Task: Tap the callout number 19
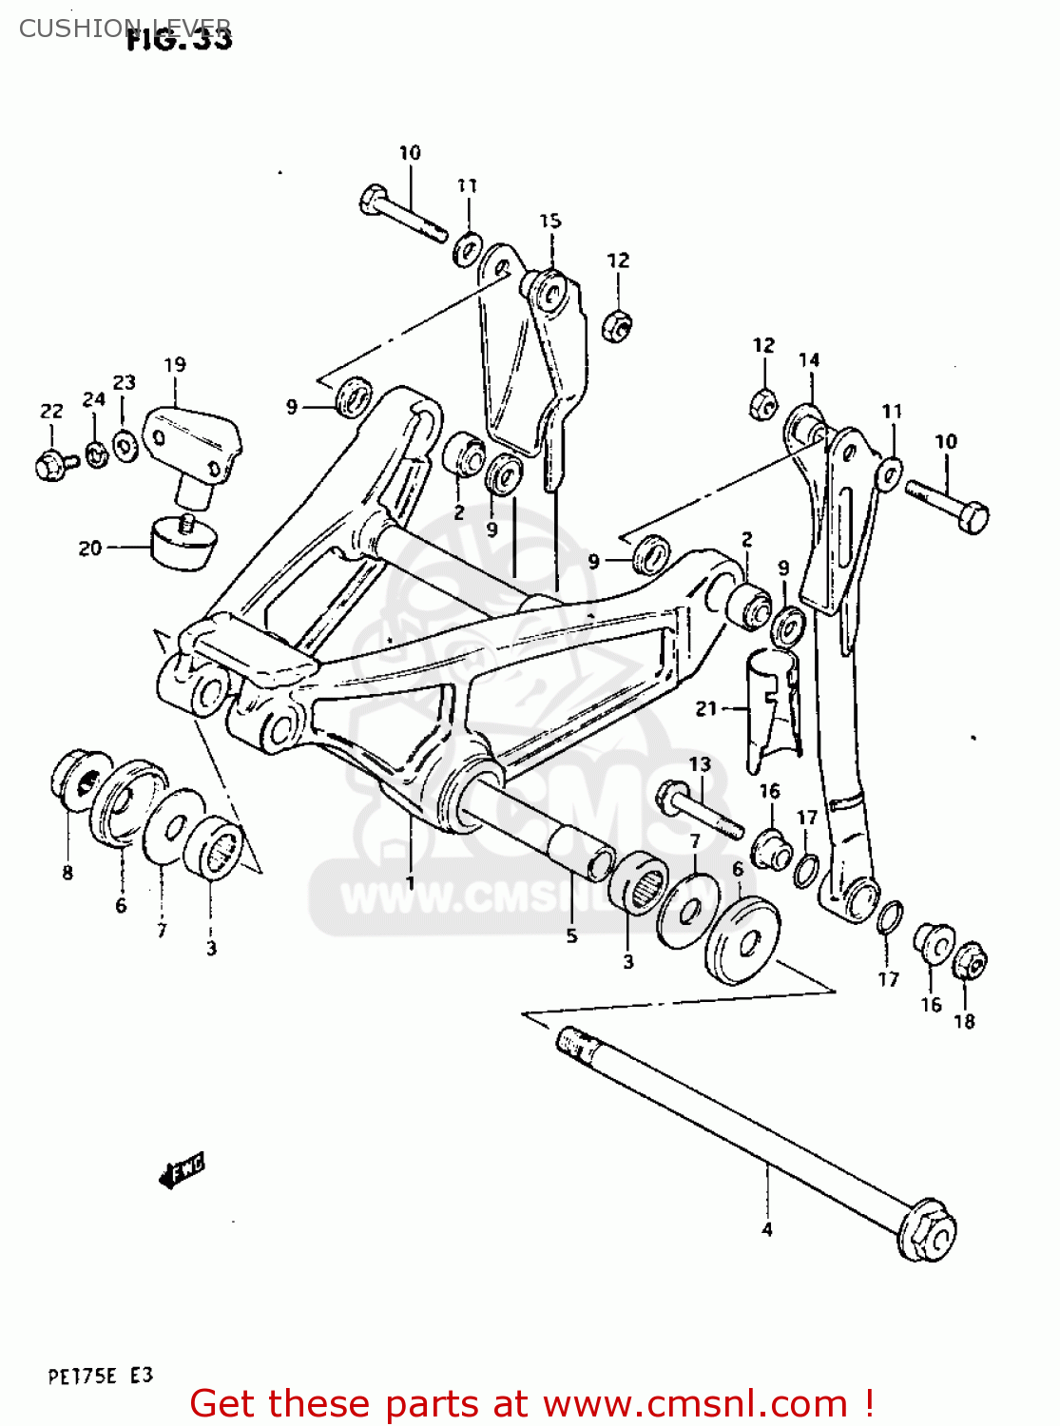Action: click(175, 365)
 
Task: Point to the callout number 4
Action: click(766, 1229)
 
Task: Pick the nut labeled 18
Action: click(970, 961)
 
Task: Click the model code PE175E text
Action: click(82, 1376)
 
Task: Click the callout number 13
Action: click(700, 764)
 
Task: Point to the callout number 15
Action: click(550, 221)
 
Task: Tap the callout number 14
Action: click(809, 359)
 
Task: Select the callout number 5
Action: click(571, 935)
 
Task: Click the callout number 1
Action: click(410, 882)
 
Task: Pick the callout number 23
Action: click(125, 382)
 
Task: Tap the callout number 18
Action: click(964, 1021)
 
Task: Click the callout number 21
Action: click(705, 708)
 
